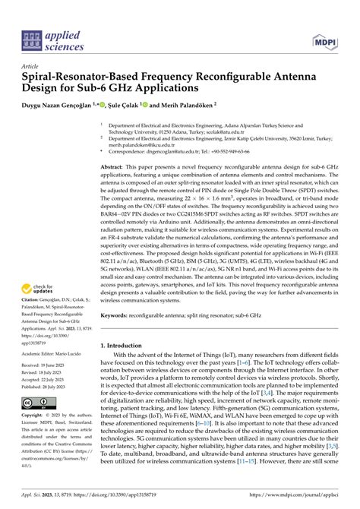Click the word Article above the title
click(32, 66)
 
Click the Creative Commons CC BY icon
click(39, 403)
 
